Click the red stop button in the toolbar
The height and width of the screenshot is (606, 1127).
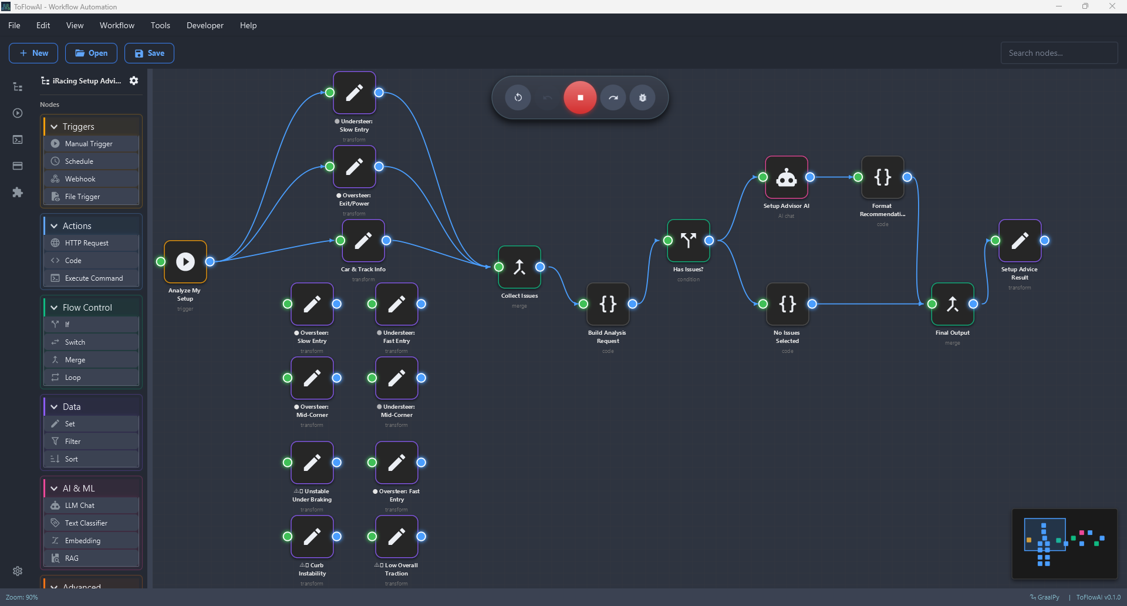[x=580, y=97]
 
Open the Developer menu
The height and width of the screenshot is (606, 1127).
[x=205, y=25]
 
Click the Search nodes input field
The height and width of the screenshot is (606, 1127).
[x=1058, y=53]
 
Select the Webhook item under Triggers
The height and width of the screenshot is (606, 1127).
[x=80, y=179]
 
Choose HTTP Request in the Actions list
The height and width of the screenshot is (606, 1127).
[x=87, y=243]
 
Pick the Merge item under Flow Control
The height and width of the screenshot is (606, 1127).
[x=75, y=360]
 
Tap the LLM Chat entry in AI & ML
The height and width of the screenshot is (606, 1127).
[x=80, y=506]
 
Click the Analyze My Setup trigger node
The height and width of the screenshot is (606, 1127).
[x=185, y=261]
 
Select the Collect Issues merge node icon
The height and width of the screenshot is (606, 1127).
[x=519, y=267]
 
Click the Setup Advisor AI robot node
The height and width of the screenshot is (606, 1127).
[x=787, y=177]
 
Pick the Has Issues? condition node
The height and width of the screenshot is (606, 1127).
[x=689, y=241]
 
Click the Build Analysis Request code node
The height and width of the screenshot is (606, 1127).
[x=608, y=304]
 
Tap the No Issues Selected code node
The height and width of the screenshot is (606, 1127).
[x=788, y=304]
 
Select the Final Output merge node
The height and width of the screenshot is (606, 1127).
[x=953, y=304]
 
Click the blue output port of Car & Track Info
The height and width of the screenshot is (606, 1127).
[x=386, y=241]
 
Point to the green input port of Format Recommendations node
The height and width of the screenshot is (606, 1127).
[x=858, y=177]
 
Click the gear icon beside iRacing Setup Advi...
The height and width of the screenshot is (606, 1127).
[x=134, y=81]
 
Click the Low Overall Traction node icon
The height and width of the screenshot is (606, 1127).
[x=397, y=537]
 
